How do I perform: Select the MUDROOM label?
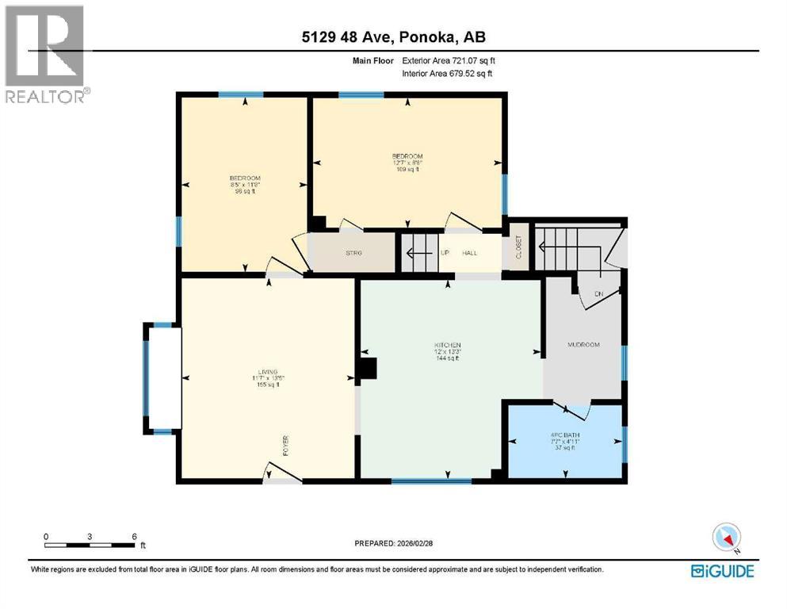pos(583,345)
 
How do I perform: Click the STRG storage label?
pos(353,253)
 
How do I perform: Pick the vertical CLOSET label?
pos(520,249)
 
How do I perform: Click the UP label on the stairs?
pos(445,253)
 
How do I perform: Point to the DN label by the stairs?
pos(599,293)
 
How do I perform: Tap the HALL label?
pos(469,253)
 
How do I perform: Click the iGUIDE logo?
pos(722,570)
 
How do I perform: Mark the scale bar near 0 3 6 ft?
pos(90,545)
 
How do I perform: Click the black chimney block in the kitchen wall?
pos(369,369)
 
